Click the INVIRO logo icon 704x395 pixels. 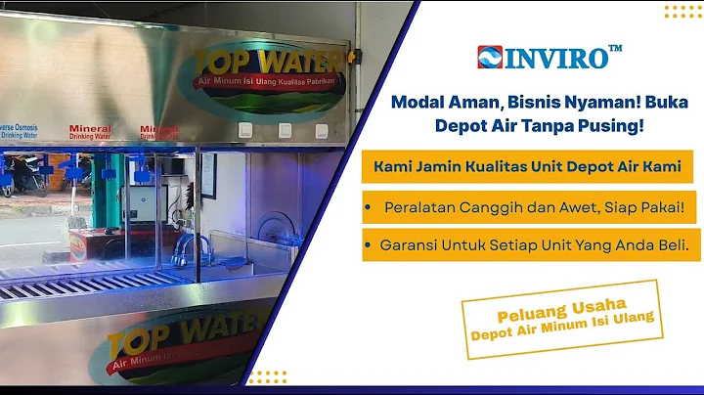[x=489, y=57]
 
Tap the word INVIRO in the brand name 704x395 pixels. [x=554, y=58]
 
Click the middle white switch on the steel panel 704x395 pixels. [x=286, y=130]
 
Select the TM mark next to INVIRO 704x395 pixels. [x=615, y=48]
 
